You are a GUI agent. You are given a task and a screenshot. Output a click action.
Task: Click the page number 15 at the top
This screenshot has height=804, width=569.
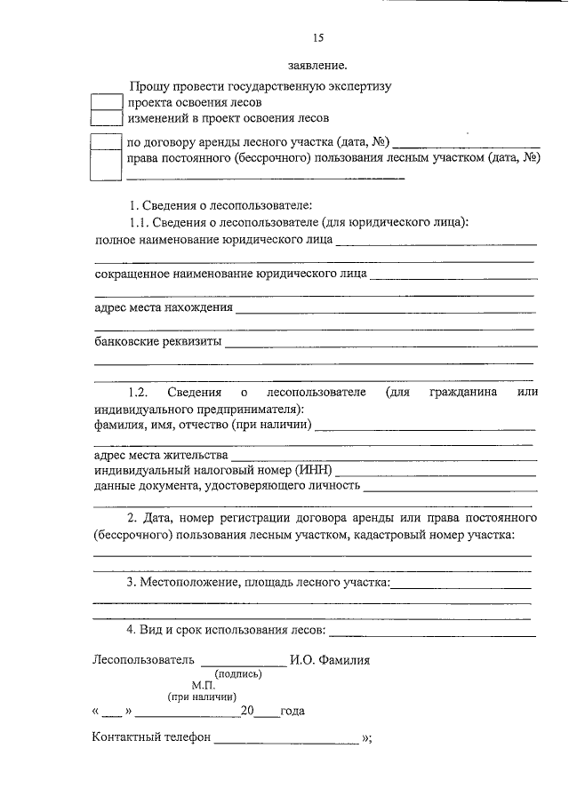(318, 37)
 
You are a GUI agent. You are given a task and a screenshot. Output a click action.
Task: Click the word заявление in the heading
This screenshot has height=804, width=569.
(318, 66)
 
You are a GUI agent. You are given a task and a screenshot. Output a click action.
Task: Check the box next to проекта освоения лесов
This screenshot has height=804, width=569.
(107, 102)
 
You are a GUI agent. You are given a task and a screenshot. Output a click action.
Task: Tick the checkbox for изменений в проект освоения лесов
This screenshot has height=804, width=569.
(107, 117)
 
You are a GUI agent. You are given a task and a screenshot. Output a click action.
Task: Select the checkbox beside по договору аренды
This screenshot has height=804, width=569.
(107, 141)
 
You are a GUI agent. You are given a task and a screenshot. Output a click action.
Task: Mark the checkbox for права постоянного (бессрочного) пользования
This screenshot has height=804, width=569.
(107, 163)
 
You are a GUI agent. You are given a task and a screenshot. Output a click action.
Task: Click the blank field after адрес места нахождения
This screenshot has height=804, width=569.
(386, 311)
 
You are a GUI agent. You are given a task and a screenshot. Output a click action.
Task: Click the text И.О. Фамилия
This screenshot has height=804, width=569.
(330, 660)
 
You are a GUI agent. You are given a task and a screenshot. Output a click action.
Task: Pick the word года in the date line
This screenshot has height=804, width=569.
(293, 712)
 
